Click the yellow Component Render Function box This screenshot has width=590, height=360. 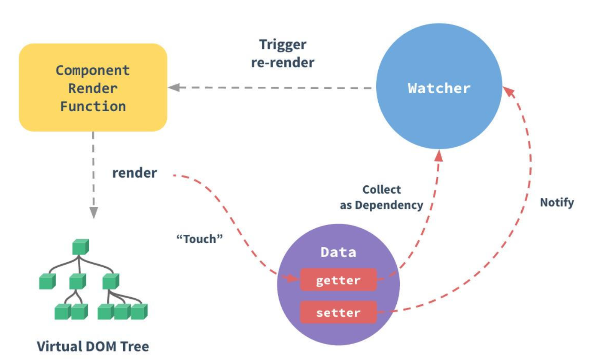93,88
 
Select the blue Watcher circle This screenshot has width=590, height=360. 439,86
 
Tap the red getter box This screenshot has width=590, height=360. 338,280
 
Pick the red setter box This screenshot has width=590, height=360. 338,312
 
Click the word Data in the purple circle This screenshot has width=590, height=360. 338,252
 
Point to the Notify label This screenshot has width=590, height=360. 557,203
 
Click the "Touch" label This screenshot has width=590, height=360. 200,239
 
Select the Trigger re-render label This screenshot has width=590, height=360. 283,54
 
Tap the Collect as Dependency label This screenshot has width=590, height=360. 381,197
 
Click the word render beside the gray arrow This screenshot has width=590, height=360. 134,173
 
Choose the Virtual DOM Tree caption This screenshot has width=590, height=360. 93,346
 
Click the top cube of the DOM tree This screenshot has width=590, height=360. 81,247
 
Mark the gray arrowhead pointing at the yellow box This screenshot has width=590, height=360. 174,88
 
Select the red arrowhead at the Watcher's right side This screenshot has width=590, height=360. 508,92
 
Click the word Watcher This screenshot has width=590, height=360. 439,88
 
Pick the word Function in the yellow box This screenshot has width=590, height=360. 93,106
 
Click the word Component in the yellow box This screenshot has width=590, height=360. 93,70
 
